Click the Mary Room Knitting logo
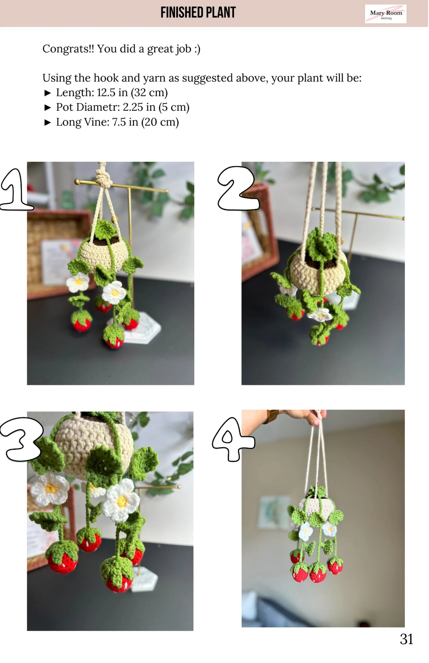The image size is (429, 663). [x=385, y=14]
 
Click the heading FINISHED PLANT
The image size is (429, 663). [x=198, y=12]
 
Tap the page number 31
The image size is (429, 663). [x=406, y=639]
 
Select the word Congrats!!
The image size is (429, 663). [x=68, y=49]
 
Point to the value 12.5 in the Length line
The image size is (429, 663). [x=106, y=92]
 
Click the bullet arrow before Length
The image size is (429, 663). [x=48, y=93]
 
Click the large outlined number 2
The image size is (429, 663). [x=238, y=188]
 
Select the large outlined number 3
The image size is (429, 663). [x=21, y=439]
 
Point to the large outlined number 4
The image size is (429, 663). [x=233, y=439]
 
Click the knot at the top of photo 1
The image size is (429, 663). [x=104, y=178]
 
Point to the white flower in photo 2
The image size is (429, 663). [x=320, y=315]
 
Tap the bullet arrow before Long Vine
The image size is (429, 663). [x=48, y=122]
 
